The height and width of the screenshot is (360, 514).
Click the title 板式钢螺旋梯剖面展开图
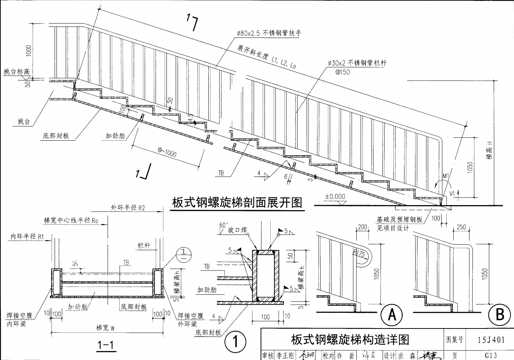pyautogui.click(x=237, y=202)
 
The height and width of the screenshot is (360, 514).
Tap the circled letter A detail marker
pyautogui.click(x=392, y=315)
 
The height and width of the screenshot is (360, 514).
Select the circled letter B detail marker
pyautogui.click(x=500, y=315)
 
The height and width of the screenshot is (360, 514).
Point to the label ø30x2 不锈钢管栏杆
pyautogui.click(x=357, y=63)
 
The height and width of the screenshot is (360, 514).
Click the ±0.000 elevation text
pyautogui.click(x=335, y=196)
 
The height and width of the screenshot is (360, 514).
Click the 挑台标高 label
pyautogui.click(x=17, y=72)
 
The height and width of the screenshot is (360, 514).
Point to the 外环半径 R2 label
pyautogui.click(x=128, y=208)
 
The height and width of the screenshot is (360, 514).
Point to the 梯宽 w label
pyautogui.click(x=105, y=328)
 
